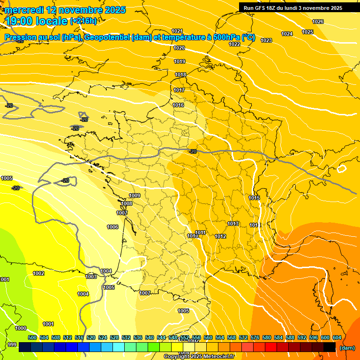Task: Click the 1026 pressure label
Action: pos(318,22)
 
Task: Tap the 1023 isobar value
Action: pos(266,40)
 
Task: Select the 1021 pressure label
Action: pos(177,31)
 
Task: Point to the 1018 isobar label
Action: pos(180,75)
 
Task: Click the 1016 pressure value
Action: pos(178,105)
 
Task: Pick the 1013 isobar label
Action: pos(233,224)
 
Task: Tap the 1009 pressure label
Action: pos(135,195)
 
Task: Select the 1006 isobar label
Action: pos(112,227)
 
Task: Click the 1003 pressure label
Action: pos(91,277)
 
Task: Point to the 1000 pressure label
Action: pos(21,328)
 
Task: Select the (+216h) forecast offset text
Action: pos(83,21)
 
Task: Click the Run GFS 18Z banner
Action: pos(292,8)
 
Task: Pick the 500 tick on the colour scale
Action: pos(32,337)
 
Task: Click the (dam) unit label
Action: pos(347,348)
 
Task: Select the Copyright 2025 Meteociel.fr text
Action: pos(199,357)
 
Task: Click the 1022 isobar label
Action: pos(234,44)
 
